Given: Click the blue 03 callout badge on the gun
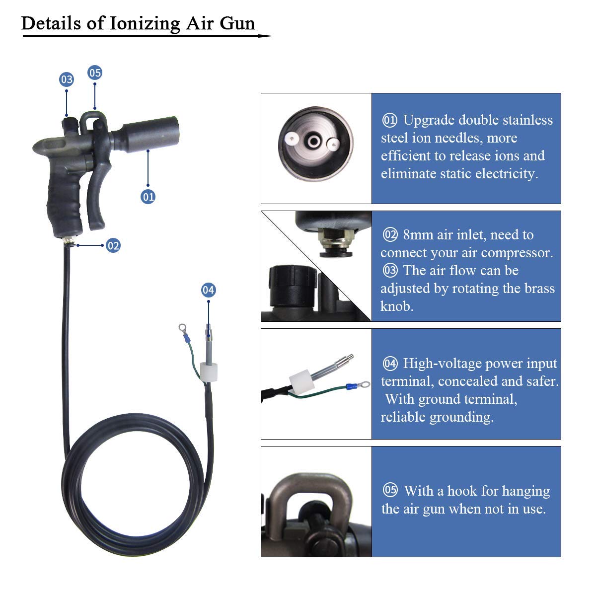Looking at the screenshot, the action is coord(67,79).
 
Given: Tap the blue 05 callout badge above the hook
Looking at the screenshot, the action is coord(95,73).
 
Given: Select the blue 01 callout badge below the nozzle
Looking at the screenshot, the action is coord(148,197).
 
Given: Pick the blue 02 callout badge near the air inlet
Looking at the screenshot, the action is coord(113,245).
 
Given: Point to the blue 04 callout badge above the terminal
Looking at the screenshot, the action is coord(209,290).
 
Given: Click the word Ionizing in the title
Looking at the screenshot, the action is coord(145,24).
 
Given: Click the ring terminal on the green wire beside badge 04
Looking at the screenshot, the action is coord(182,327).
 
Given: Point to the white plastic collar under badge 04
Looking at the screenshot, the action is coord(209,372).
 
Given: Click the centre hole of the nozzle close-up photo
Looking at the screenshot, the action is coord(313,142).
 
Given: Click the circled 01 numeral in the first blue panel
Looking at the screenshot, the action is coord(390,120).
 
